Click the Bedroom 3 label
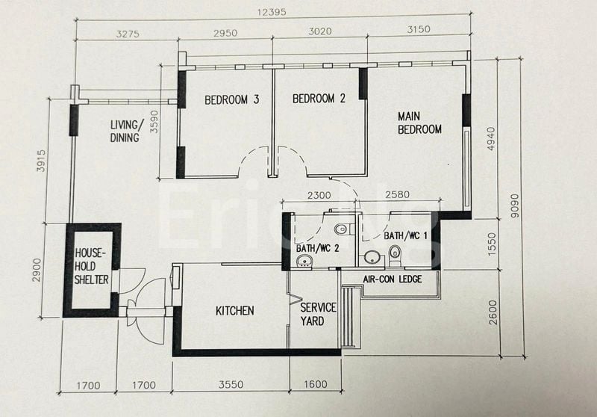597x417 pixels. click(x=231, y=99)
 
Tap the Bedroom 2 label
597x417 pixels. click(x=319, y=98)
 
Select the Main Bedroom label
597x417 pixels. click(x=419, y=123)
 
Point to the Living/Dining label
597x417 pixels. click(x=125, y=131)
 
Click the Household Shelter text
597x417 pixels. click(x=91, y=266)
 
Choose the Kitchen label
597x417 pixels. click(x=234, y=310)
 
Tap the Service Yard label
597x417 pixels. click(x=318, y=314)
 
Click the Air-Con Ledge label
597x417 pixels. click(x=392, y=279)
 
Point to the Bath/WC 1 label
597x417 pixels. click(x=405, y=236)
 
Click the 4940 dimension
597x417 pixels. click(x=490, y=139)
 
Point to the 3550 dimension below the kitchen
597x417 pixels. click(x=231, y=386)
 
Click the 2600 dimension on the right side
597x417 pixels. click(x=490, y=311)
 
